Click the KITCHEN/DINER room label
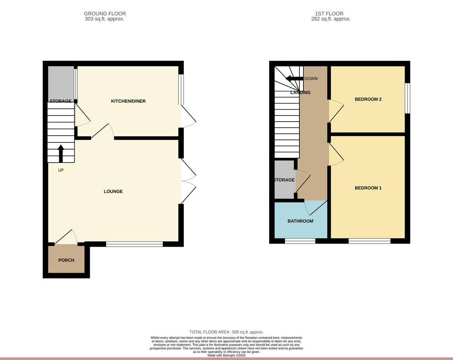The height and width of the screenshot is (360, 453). (128, 101)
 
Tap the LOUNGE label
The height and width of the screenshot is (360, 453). (113, 192)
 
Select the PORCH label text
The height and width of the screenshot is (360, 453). (66, 260)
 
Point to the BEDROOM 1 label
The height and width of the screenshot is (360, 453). (368, 188)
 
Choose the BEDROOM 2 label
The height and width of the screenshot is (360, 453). (368, 99)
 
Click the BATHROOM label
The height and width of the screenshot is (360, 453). (300, 221)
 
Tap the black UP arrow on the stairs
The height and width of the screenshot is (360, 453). (61, 153)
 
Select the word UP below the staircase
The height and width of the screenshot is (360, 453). (61, 170)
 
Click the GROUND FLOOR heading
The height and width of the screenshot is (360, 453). (105, 14)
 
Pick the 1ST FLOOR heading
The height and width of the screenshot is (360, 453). (331, 14)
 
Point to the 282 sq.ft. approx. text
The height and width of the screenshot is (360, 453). (331, 19)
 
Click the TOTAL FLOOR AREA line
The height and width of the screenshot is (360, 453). (226, 332)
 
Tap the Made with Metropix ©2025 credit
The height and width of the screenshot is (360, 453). (226, 355)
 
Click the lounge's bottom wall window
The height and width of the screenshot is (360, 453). (134, 244)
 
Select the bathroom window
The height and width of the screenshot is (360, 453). (300, 241)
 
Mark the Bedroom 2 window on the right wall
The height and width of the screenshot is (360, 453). (407, 98)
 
